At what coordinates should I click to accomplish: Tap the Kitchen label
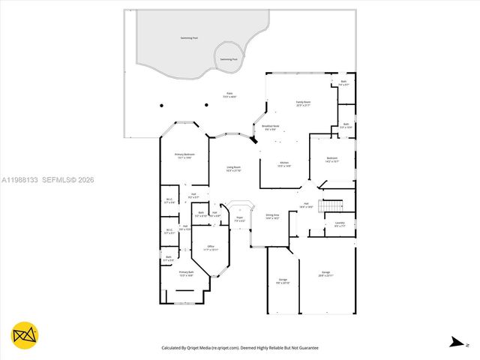284,163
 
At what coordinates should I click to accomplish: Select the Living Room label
234,168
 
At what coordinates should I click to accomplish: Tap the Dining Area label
272,216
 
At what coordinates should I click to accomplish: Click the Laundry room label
340,223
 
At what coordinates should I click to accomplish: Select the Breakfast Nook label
270,127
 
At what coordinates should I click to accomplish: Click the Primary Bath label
186,274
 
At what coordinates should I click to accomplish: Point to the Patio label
229,95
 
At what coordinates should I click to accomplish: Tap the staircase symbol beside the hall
331,205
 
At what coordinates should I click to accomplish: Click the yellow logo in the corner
25,336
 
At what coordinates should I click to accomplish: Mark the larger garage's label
326,274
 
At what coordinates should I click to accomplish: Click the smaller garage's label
282,281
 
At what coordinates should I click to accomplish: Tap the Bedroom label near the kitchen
332,159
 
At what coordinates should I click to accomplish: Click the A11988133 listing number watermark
21,179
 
